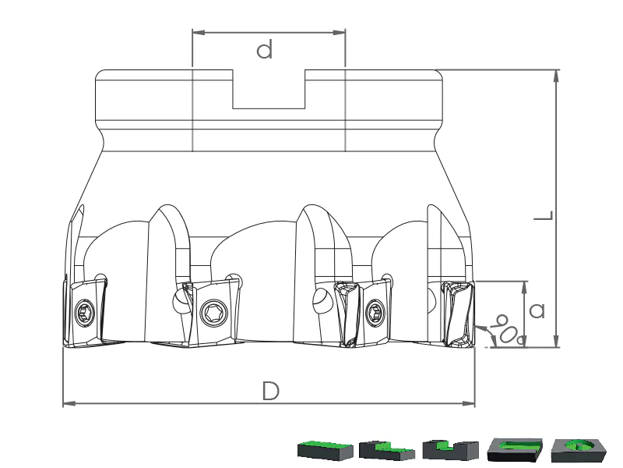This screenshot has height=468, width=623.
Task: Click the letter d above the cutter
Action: pyautogui.click(x=265, y=49)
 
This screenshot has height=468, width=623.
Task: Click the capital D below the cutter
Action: pyautogui.click(x=271, y=391)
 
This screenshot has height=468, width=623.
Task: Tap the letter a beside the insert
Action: pyautogui.click(x=537, y=310)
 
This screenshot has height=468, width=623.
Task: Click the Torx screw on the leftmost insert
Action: pyautogui.click(x=85, y=313)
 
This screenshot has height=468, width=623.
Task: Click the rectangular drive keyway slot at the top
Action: pyautogui.click(x=269, y=89)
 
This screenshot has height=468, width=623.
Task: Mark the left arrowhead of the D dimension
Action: pyautogui.click(x=69, y=403)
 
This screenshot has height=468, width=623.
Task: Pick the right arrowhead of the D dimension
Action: pyautogui.click(x=469, y=403)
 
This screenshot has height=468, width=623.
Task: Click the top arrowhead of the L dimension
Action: pyautogui.click(x=556, y=76)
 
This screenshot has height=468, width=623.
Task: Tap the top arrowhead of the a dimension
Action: pyautogui.click(x=525, y=287)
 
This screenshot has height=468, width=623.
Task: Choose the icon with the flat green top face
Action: pyautogui.click(x=326, y=450)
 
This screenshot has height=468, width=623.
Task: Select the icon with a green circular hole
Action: pyautogui.click(x=579, y=450)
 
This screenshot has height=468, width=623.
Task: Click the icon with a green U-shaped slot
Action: pyautogui.click(x=515, y=449)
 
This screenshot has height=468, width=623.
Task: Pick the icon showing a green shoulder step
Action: pyautogui.click(x=387, y=450)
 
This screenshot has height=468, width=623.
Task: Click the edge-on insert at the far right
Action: pyautogui.click(x=459, y=314)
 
